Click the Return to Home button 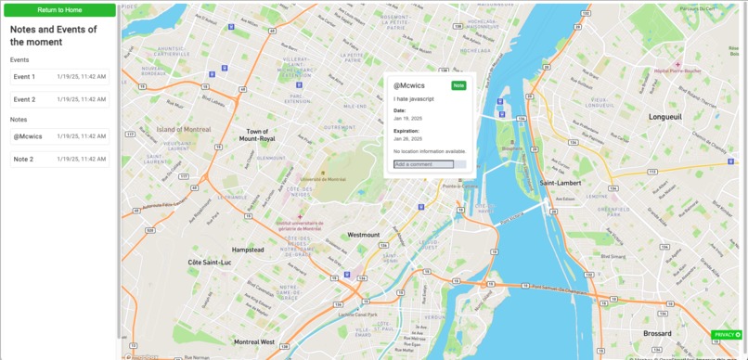[59, 9]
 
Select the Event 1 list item [59, 76]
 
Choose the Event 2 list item [59, 99]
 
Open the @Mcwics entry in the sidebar [59, 136]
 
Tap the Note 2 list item [59, 160]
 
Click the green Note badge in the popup [458, 85]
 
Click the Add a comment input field [423, 164]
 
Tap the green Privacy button [727, 334]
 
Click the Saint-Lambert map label [560, 183]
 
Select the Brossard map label [657, 333]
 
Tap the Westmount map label [363, 235]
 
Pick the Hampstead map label [248, 250]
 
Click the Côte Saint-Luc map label [208, 263]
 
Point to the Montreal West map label [254, 341]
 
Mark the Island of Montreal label [184, 129]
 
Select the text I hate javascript [414, 98]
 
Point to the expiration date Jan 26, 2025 [407, 139]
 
